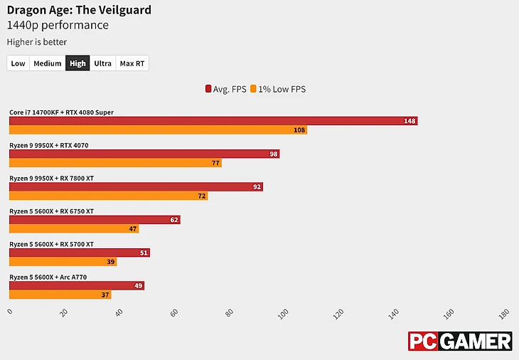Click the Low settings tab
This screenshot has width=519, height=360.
(18, 63)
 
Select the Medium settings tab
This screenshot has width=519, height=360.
(48, 63)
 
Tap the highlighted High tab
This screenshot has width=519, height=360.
(77, 63)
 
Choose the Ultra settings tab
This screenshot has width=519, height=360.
(102, 63)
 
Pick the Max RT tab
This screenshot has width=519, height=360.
(132, 63)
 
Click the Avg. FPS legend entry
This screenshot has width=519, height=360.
(225, 89)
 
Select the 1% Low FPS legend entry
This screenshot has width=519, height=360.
(278, 89)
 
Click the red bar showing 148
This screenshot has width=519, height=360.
(213, 121)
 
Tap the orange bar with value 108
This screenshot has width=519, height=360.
(158, 130)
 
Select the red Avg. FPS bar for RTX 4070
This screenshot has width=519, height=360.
(144, 154)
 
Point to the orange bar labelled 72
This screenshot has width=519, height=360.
(108, 196)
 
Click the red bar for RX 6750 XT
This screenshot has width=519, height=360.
(95, 220)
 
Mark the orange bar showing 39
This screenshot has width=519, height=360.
(63, 262)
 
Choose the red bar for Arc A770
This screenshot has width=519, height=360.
(76, 285)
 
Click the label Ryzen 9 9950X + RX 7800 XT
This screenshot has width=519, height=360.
(51, 178)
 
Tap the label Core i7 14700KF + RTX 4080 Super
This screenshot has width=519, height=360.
(61, 112)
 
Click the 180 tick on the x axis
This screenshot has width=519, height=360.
(504, 313)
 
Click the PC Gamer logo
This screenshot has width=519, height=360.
(459, 341)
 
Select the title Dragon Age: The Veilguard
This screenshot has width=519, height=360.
(79, 10)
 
